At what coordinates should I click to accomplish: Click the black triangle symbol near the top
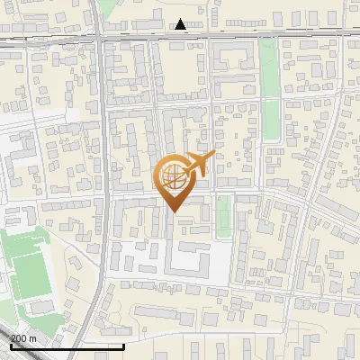coord(181,24)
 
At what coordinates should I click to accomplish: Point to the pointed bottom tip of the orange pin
coord(174,211)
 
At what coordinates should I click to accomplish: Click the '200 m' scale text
coord(23,337)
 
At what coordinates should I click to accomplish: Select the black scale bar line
coord(67,346)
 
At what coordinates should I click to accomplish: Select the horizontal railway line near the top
coord(270,33)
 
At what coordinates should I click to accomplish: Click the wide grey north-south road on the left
coord(103,180)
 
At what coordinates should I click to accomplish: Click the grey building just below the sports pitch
coord(40,308)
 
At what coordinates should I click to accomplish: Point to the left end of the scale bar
coord(10,346)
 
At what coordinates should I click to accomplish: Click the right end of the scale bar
coord(123,346)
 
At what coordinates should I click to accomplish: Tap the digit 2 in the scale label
coord(13,337)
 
